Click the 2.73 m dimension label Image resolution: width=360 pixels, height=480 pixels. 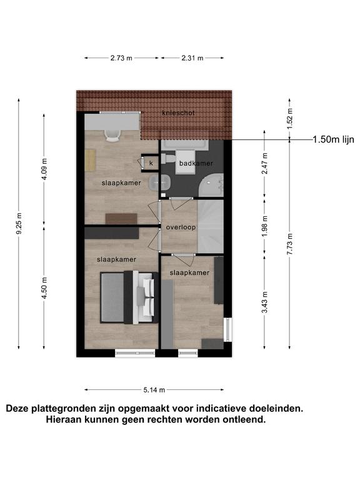pyautogui.click(x=121, y=58)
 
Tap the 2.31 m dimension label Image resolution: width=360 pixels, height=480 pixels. pyautogui.click(x=192, y=58)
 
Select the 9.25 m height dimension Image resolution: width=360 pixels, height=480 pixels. pyautogui.click(x=19, y=224)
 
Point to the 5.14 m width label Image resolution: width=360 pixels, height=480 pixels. pyautogui.click(x=154, y=390)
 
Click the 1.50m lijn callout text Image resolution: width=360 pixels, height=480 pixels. pyautogui.click(x=333, y=139)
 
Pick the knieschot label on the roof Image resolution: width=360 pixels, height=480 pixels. pyautogui.click(x=179, y=113)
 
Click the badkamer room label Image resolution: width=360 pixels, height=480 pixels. pyautogui.click(x=196, y=163)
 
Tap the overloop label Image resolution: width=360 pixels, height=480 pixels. pyautogui.click(x=181, y=227)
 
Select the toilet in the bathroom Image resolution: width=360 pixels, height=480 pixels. pyautogui.click(x=168, y=158)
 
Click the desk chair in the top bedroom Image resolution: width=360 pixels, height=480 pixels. pyautogui.click(x=112, y=136)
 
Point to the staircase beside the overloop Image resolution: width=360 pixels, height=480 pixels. pyautogui.click(x=211, y=226)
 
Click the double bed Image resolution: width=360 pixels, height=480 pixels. pyautogui.click(x=129, y=297)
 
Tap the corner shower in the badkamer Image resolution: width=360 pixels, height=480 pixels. pyautogui.click(x=211, y=185)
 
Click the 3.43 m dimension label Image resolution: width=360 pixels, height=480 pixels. pyautogui.click(x=265, y=302)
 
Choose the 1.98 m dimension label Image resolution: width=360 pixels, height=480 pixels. pyautogui.click(x=265, y=226)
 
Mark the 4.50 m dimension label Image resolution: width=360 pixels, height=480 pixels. pyautogui.click(x=44, y=287)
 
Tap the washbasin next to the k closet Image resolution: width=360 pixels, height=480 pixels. pyautogui.click(x=159, y=182)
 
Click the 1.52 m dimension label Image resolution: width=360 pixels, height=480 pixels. pyautogui.click(x=290, y=119)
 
